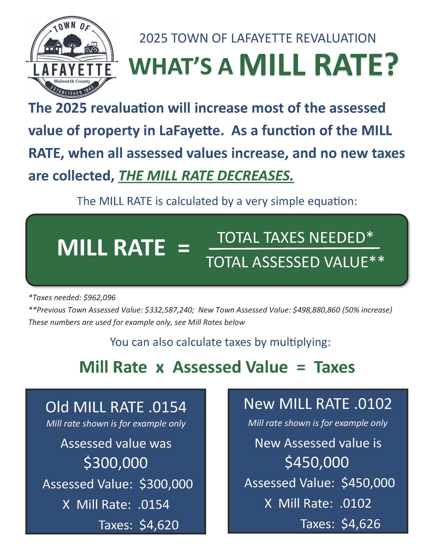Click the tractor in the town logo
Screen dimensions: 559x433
point(91,48)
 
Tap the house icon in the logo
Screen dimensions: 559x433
point(53,46)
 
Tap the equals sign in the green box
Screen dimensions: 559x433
point(184,248)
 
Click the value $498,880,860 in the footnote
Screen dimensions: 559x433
point(316,310)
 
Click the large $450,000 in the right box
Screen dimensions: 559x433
point(317,462)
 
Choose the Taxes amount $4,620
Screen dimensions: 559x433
point(159,525)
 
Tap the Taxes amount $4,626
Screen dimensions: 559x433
point(361,524)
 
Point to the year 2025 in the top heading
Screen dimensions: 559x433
point(153,38)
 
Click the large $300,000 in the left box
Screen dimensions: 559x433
point(116,462)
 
